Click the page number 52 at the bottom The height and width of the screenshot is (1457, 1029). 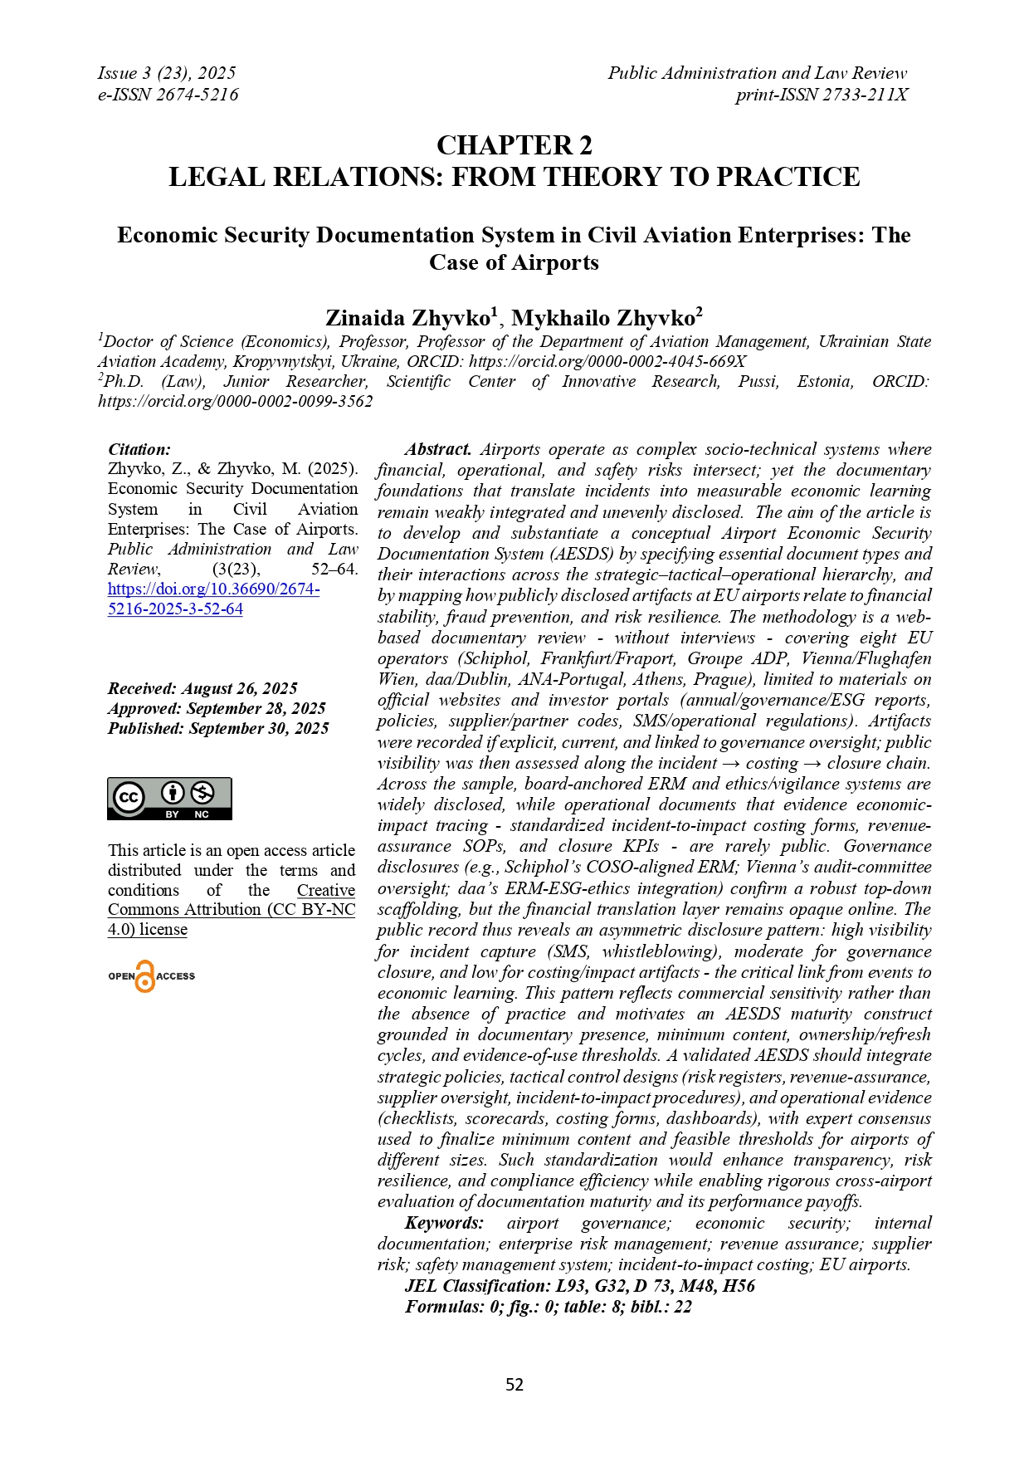click(x=514, y=1384)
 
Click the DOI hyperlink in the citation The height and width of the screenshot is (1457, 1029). click(x=213, y=599)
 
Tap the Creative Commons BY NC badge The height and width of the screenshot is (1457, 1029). click(x=169, y=799)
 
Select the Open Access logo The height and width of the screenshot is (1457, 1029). click(x=151, y=976)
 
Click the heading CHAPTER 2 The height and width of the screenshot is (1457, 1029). click(x=514, y=145)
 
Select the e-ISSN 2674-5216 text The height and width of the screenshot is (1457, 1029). click(x=168, y=95)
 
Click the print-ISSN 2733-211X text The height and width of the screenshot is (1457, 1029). click(x=822, y=95)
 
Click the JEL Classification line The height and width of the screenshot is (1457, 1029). click(x=580, y=1286)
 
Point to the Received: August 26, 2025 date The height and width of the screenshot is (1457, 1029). click(x=202, y=688)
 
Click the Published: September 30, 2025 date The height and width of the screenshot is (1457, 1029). click(x=218, y=728)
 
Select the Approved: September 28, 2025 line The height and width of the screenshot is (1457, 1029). click(x=217, y=708)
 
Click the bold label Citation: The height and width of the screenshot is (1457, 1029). click(x=139, y=449)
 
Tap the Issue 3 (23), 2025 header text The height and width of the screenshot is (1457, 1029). click(x=167, y=73)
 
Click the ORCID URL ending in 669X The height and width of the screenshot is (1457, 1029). click(x=607, y=361)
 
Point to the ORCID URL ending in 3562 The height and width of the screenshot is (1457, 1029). click(x=236, y=401)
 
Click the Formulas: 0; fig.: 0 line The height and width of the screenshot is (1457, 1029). click(x=549, y=1307)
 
